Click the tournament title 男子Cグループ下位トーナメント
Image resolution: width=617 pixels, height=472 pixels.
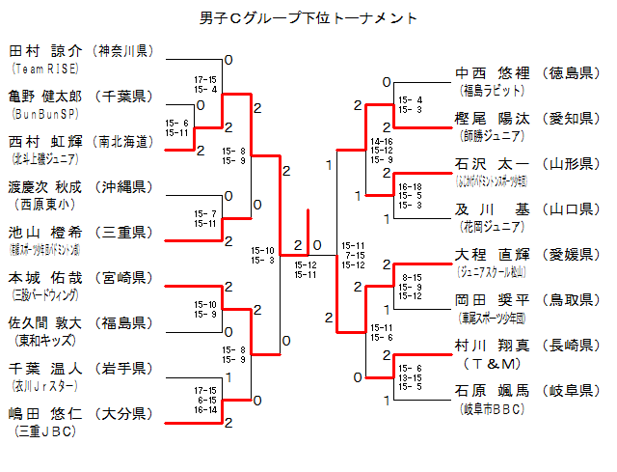tap(308, 18)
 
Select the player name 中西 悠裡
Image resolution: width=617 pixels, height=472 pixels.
tap(491, 72)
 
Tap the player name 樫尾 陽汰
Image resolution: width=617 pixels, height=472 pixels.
tap(491, 118)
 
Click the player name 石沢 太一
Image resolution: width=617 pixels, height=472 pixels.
tap(491, 163)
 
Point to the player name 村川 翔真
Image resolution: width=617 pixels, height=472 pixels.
tap(491, 345)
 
